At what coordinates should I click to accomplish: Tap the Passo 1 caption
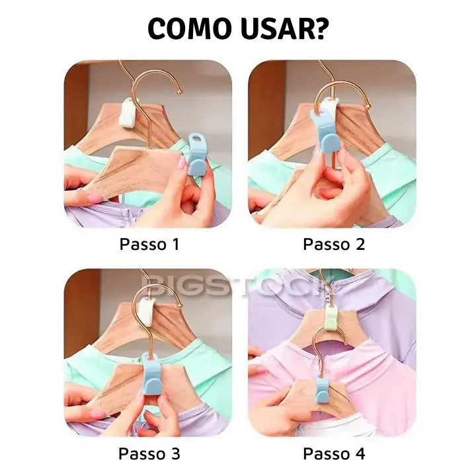click(149, 244)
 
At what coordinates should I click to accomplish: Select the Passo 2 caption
click(334, 244)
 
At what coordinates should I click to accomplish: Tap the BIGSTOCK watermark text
click(238, 286)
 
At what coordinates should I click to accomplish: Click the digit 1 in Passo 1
click(175, 244)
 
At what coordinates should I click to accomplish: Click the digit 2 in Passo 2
click(360, 244)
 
